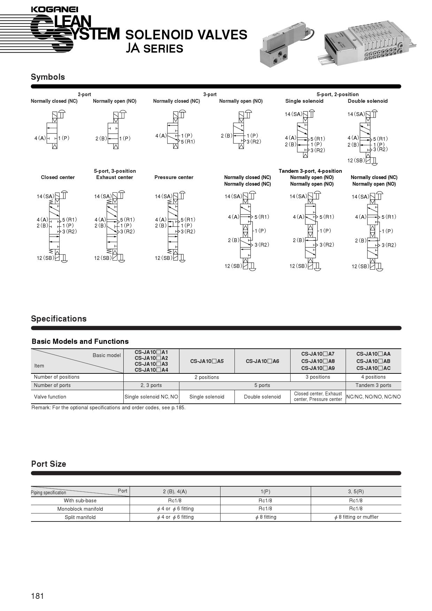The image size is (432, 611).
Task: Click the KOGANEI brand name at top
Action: [54, 9]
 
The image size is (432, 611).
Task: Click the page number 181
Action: [38, 596]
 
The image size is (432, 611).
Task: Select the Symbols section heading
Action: [48, 77]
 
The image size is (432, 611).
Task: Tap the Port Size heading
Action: [48, 464]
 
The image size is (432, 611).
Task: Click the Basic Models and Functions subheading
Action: [80, 341]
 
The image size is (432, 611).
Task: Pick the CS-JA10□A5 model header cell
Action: [207, 361]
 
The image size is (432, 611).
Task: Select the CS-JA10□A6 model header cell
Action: [262, 361]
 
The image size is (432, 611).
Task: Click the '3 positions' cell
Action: [318, 377]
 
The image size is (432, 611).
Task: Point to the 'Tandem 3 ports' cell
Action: [373, 385]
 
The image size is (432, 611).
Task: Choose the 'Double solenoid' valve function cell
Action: [262, 397]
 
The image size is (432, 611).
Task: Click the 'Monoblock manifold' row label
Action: [80, 509]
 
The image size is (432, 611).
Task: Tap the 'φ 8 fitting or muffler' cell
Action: [356, 517]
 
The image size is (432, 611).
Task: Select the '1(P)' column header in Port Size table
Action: [265, 492]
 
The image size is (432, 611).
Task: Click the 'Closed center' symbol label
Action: [58, 177]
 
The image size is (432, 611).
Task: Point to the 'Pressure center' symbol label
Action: [174, 177]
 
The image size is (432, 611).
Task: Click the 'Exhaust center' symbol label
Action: [115, 177]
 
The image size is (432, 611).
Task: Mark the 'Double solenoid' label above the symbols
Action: [368, 101]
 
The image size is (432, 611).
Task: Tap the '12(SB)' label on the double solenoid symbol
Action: [356, 161]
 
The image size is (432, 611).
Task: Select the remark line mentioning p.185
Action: [108, 408]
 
